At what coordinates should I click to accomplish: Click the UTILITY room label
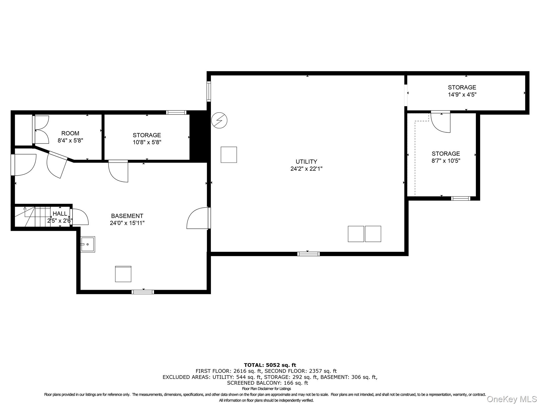tap(306, 162)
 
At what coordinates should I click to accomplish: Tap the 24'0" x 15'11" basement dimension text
tap(127, 223)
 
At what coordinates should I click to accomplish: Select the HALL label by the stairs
tap(60, 214)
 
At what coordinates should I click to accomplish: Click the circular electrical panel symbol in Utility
tap(219, 120)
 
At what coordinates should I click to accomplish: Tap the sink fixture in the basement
tap(88, 244)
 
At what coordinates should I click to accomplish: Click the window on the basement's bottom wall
tap(143, 292)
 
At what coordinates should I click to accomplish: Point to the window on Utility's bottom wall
tap(308, 254)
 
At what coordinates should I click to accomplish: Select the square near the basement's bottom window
tap(123, 274)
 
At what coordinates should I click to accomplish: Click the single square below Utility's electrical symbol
tap(229, 155)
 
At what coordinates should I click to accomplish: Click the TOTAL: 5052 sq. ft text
tap(270, 365)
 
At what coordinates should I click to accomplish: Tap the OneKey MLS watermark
tap(512, 399)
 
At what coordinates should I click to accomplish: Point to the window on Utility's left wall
tap(209, 91)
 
